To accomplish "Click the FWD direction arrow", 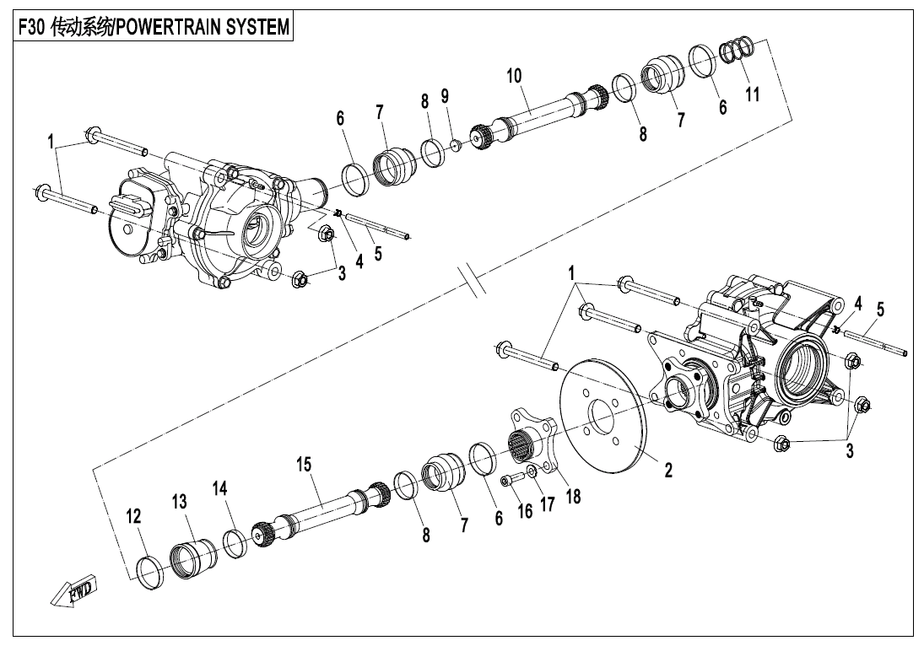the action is click(x=73, y=589).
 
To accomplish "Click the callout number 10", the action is click(x=514, y=75).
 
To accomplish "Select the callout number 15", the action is click(x=304, y=464).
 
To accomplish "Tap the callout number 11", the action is click(x=752, y=94).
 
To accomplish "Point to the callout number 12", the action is click(x=134, y=516).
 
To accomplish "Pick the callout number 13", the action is click(x=179, y=501).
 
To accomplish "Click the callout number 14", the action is click(x=219, y=488).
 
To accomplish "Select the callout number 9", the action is click(x=445, y=95).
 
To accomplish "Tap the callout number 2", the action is click(x=667, y=470).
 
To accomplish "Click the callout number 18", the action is click(x=573, y=497).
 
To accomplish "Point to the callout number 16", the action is click(x=525, y=510).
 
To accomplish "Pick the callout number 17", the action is click(x=548, y=503).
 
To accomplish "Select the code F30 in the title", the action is click(x=32, y=27).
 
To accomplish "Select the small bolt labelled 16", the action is click(x=511, y=480).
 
